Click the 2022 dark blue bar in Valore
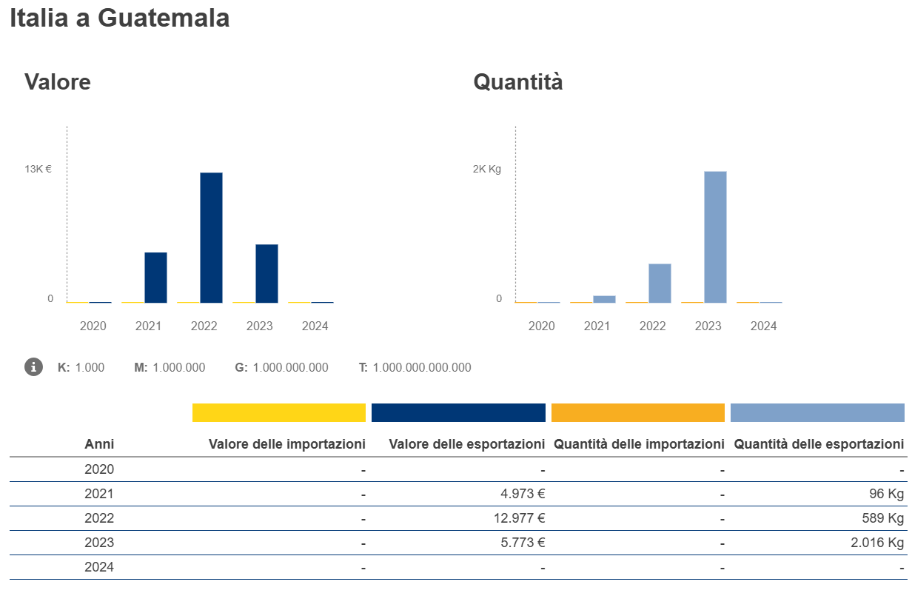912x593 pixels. pos(211,237)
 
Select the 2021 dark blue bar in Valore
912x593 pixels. pos(155,277)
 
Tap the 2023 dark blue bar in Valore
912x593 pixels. pos(266,273)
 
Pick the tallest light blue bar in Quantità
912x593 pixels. pos(715,236)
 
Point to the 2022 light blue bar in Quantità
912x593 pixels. pos(660,283)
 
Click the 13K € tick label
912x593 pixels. pos(38,169)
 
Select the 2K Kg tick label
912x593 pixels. pos(487,169)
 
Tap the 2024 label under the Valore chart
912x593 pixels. pos(315,326)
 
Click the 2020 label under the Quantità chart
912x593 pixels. pos(541,326)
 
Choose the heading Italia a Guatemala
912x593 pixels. pos(119,19)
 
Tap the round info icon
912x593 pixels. pos(33,366)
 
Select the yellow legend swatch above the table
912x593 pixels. pos(279,412)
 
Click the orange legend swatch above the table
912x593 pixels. pos(637,412)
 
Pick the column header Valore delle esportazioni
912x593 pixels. pos(466,444)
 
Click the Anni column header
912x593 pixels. pos(99,444)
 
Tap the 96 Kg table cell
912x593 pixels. pos(886,494)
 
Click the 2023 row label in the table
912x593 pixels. pos(99,543)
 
